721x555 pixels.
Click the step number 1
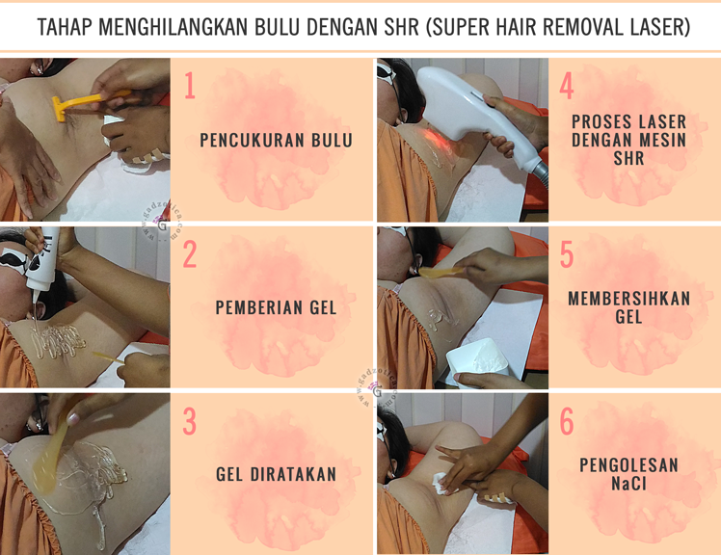click(190, 85)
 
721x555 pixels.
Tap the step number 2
click(190, 253)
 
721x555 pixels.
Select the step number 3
click(190, 421)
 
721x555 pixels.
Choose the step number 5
click(567, 253)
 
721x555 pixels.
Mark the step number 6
click(567, 421)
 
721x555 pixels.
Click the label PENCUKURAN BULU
click(276, 141)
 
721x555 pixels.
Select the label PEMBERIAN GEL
click(276, 307)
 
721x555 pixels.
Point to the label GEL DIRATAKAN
click(276, 474)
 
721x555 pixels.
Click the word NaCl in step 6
click(628, 484)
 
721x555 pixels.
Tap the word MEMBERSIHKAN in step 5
click(629, 299)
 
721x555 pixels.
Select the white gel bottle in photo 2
click(42, 260)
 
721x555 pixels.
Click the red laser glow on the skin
click(432, 137)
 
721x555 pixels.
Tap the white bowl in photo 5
click(476, 361)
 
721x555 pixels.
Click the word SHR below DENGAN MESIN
click(628, 158)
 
